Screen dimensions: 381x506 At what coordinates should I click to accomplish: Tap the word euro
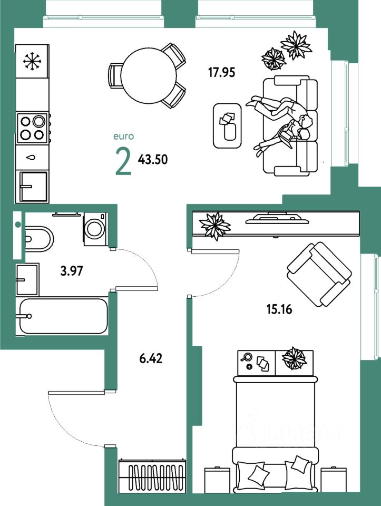124,136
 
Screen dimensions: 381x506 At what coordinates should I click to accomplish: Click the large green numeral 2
123,162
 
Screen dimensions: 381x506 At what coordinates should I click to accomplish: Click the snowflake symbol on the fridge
32,62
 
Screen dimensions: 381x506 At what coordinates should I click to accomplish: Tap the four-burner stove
32,127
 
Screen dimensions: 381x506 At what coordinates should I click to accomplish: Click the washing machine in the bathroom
95,229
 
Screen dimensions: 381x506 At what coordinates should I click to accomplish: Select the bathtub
63,316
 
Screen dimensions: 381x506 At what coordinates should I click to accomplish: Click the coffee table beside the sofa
227,125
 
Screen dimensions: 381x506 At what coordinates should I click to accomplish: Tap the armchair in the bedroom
318,274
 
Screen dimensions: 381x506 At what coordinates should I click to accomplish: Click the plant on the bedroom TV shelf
214,225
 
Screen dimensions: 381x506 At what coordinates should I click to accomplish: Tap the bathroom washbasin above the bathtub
27,279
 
